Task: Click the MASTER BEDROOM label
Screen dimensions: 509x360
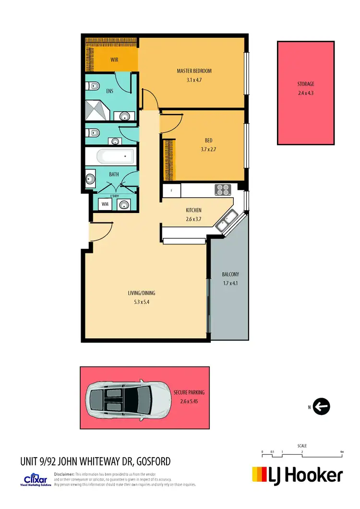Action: click(x=194, y=71)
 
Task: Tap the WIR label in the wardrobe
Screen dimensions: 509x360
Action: click(x=114, y=60)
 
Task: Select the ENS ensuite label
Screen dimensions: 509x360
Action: click(x=109, y=90)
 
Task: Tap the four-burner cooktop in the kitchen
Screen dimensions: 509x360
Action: click(x=223, y=189)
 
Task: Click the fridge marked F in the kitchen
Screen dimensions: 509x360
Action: click(x=171, y=190)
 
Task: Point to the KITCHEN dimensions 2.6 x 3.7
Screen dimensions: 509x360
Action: click(x=193, y=219)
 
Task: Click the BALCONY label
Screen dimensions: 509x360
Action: click(x=230, y=274)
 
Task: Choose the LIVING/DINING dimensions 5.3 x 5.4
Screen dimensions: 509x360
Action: click(x=141, y=302)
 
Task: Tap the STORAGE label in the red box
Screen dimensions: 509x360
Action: click(x=306, y=84)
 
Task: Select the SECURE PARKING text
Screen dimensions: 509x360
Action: click(x=189, y=392)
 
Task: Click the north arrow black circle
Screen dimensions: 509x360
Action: click(x=322, y=407)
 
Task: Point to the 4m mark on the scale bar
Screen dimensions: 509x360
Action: click(x=341, y=452)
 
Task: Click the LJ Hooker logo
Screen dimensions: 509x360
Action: click(x=298, y=475)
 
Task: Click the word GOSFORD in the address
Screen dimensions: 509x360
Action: click(x=153, y=462)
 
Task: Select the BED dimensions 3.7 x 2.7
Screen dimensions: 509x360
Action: click(x=208, y=149)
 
